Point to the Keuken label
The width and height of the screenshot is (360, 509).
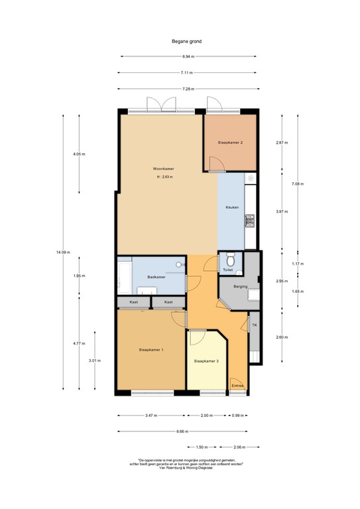pyautogui.click(x=232, y=207)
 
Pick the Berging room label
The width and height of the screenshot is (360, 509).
pyautogui.click(x=241, y=286)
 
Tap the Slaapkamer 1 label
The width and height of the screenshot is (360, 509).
pyautogui.click(x=151, y=349)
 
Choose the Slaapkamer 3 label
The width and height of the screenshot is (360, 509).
pyautogui.click(x=206, y=361)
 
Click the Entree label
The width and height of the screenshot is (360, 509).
pyautogui.click(x=237, y=385)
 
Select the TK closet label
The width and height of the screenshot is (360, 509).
pyautogui.click(x=254, y=325)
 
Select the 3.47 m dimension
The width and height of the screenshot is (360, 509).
pyautogui.click(x=151, y=416)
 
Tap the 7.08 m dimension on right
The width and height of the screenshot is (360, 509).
pyautogui.click(x=298, y=186)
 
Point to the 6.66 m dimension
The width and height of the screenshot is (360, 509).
pyautogui.click(x=181, y=431)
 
